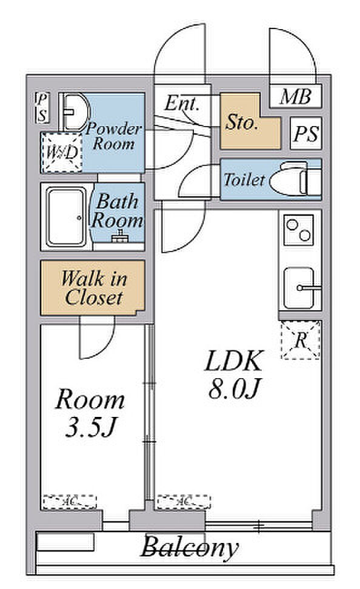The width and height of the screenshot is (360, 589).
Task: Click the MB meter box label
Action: click(295, 97)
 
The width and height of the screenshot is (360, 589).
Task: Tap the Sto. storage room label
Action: click(242, 122)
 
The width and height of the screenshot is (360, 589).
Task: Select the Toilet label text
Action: click(244, 179)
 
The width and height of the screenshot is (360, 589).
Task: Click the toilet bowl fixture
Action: click(296, 179)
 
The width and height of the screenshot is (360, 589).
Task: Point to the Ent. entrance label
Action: click(181, 103)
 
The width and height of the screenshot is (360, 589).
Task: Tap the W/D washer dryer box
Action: click(61, 153)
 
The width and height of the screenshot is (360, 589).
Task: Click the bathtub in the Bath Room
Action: click(67, 217)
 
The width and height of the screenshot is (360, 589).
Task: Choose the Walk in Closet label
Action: click(94, 288)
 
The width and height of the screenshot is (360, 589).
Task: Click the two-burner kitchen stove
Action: click(299, 230)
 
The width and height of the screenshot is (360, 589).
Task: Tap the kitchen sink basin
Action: click(299, 288)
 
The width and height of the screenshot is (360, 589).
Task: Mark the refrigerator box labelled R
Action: click(301, 340)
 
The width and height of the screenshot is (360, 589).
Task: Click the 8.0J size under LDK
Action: click(234, 388)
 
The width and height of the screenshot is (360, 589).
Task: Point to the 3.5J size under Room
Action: click(90, 427)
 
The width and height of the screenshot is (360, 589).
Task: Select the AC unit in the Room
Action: click(70, 502)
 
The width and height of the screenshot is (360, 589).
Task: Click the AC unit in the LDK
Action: click(184, 502)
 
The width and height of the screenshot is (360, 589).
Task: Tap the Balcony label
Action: click(190, 547)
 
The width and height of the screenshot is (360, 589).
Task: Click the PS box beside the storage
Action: click(306, 134)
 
